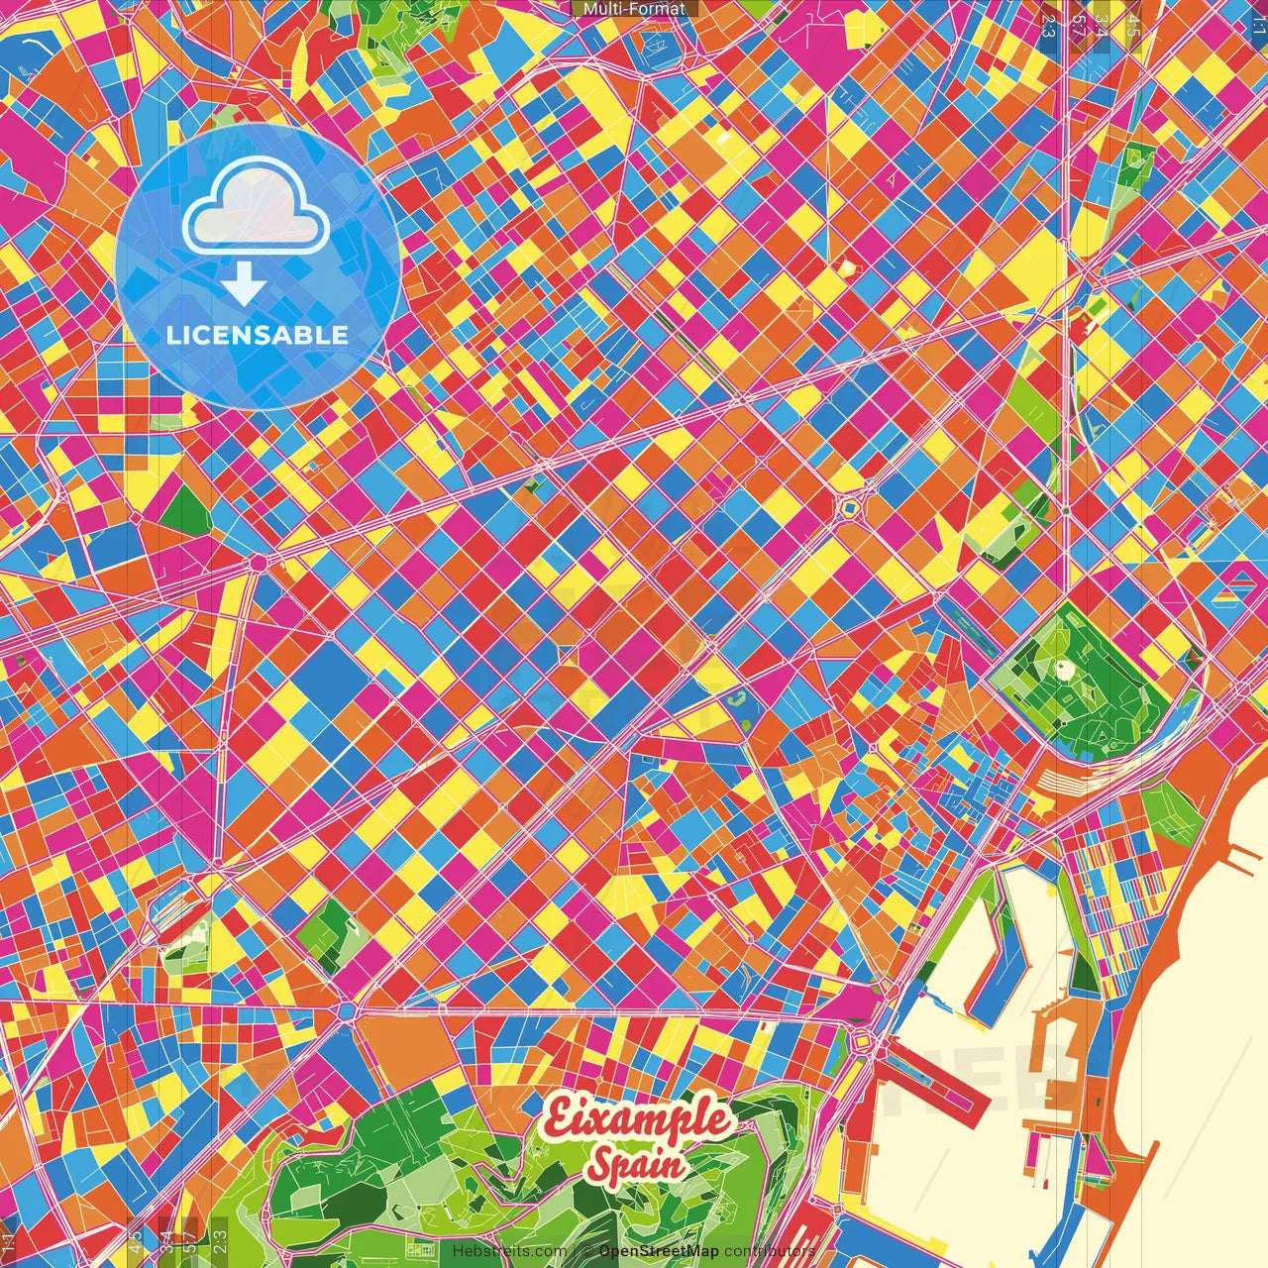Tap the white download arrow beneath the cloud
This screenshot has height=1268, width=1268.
243,285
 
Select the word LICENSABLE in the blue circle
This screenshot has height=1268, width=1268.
258,335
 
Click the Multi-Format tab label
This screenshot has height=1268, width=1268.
634,9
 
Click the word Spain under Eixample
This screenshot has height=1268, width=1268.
635,1164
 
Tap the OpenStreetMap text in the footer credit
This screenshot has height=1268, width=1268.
659,1251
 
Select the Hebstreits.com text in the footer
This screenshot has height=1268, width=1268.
509,1251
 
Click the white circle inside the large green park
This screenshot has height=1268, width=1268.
1066,670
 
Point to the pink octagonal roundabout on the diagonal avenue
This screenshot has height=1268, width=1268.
259,562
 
